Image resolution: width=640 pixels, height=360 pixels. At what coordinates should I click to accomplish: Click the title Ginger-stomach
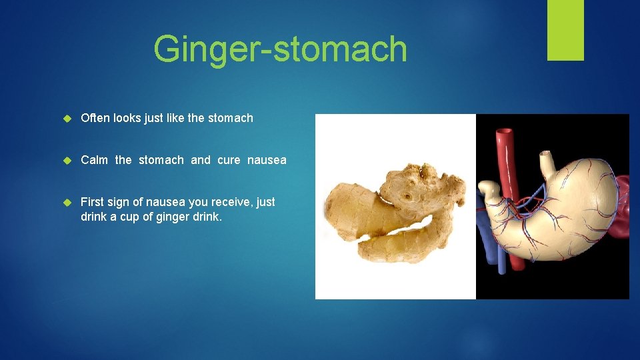[280, 49]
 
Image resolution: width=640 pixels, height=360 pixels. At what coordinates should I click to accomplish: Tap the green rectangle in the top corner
[565, 30]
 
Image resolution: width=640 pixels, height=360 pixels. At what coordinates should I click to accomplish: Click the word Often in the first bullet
[95, 118]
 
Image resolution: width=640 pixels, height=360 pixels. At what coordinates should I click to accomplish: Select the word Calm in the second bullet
[94, 160]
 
